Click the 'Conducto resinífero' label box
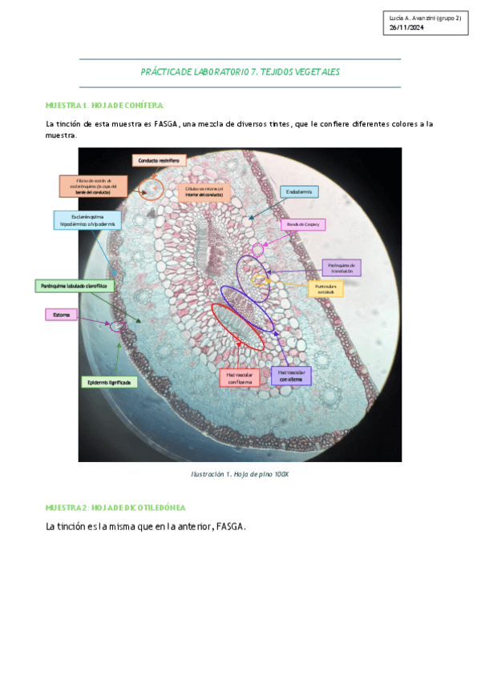point(154,161)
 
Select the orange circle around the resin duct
point(150,189)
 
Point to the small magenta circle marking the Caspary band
point(257,250)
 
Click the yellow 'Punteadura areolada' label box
point(325,288)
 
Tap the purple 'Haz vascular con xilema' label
point(291,376)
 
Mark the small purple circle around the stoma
point(118,326)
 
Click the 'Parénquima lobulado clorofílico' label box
point(75,285)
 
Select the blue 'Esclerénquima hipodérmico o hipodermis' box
point(87,220)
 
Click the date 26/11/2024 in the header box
point(406,28)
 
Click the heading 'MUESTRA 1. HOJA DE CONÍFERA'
point(105,105)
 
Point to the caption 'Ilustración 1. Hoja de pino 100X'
point(240,475)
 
